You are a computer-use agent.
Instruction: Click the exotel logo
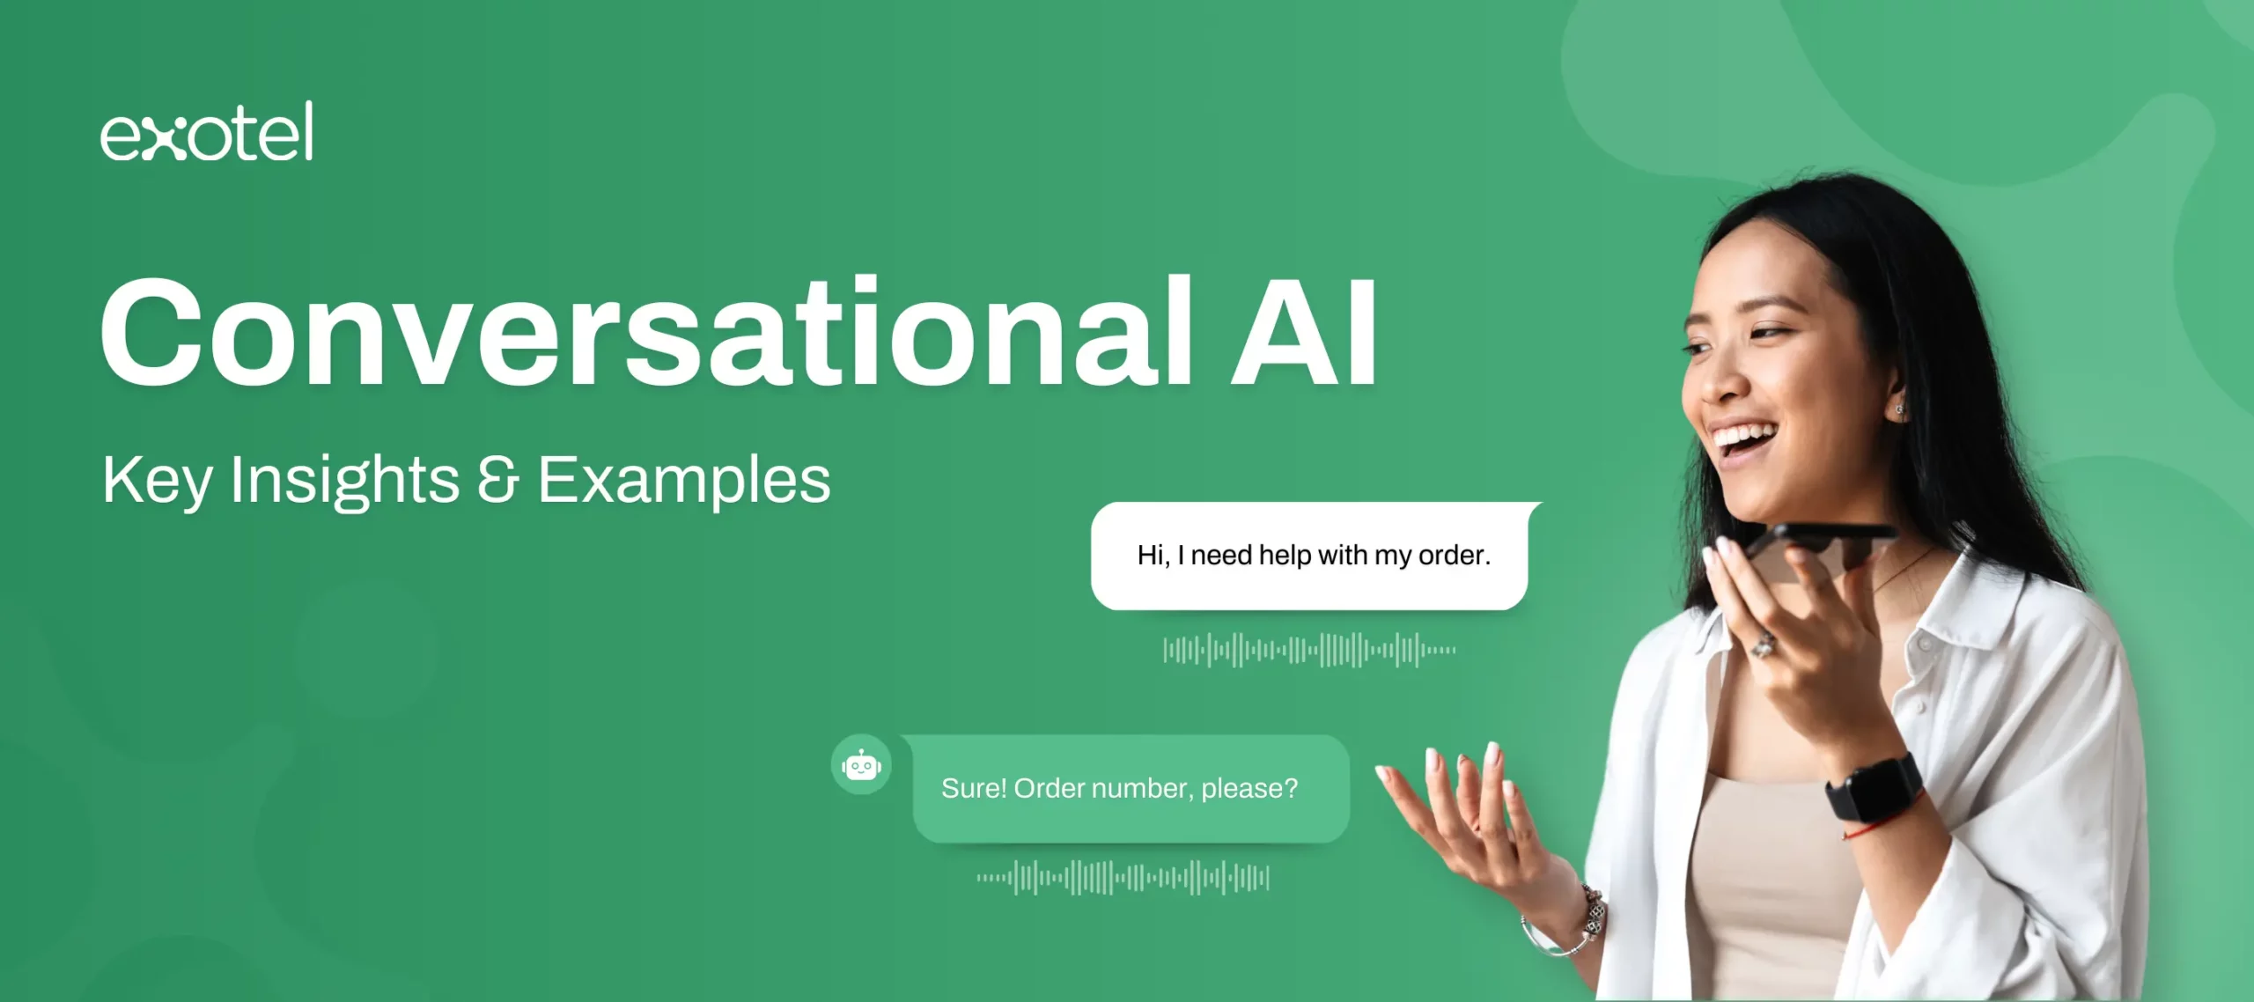point(206,131)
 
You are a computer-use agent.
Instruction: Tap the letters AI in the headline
point(1303,333)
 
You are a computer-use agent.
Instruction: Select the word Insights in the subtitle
point(344,482)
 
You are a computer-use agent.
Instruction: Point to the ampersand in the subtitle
point(498,480)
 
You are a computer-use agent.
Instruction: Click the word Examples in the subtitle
point(684,482)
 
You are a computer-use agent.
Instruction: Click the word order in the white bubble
point(1454,556)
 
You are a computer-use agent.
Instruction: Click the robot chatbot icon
point(861,765)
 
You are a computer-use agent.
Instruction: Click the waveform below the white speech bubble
point(1309,651)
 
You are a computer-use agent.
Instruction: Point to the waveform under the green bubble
point(1123,878)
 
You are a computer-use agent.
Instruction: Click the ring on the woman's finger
point(1763,645)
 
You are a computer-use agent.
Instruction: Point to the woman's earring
point(1898,410)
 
